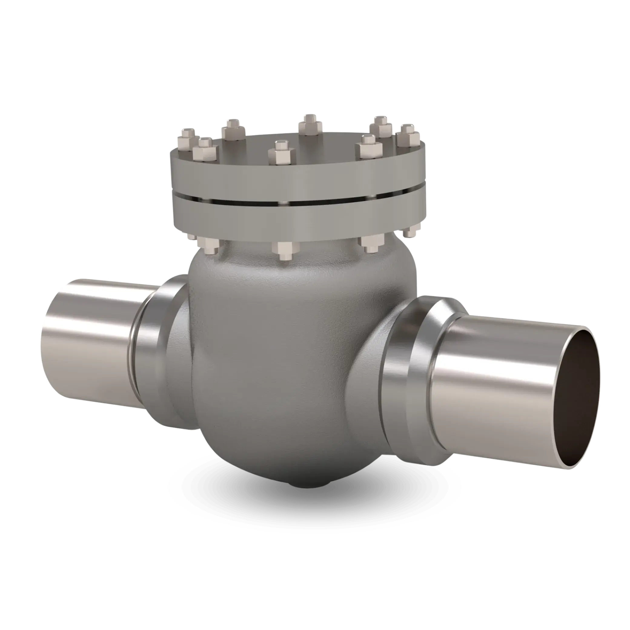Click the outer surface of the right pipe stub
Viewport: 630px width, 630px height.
[x=482, y=391]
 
